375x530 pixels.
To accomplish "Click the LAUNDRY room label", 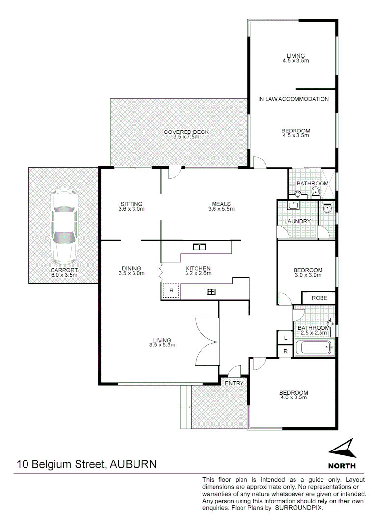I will point(297,221).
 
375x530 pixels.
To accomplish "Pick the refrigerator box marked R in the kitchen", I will point(171,291).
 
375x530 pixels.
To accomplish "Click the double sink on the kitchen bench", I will point(199,247).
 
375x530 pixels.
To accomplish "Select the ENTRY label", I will point(234,383).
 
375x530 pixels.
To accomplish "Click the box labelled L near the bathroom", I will point(285,338).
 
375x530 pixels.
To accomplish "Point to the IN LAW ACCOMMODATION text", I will point(293,99).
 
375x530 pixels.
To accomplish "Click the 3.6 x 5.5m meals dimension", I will point(221,209).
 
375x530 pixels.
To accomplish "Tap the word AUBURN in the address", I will point(134,464).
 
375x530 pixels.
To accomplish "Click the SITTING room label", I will point(131,204).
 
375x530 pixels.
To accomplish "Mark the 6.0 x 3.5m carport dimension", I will point(64,276).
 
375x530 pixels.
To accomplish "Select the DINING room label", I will point(131,268).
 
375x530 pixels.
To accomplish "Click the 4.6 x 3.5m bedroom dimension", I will point(294,398).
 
